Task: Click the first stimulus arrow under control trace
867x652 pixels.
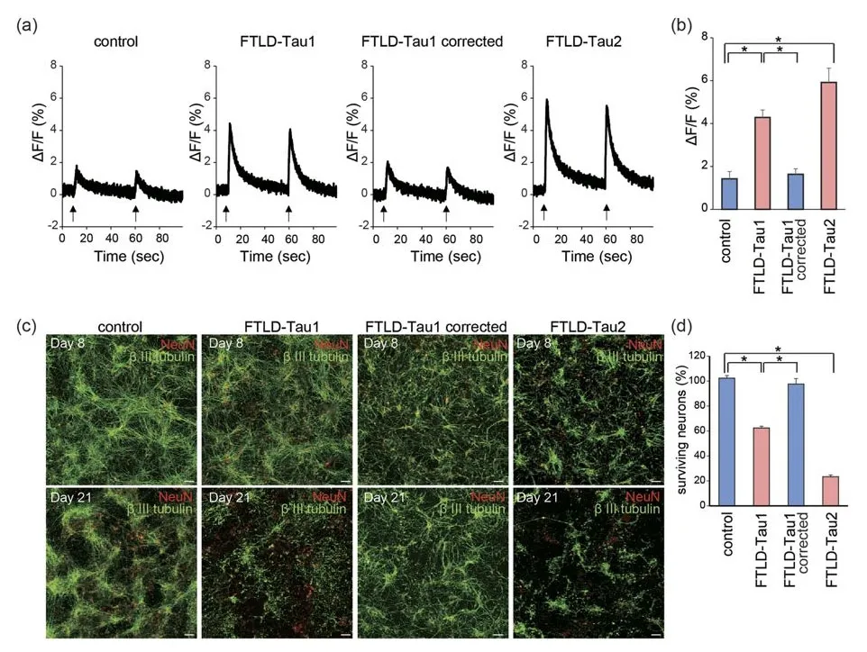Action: pyautogui.click(x=72, y=213)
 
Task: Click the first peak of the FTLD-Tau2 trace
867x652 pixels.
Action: pyautogui.click(x=547, y=100)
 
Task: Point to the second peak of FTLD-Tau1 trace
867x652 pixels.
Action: pyautogui.click(x=290, y=130)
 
